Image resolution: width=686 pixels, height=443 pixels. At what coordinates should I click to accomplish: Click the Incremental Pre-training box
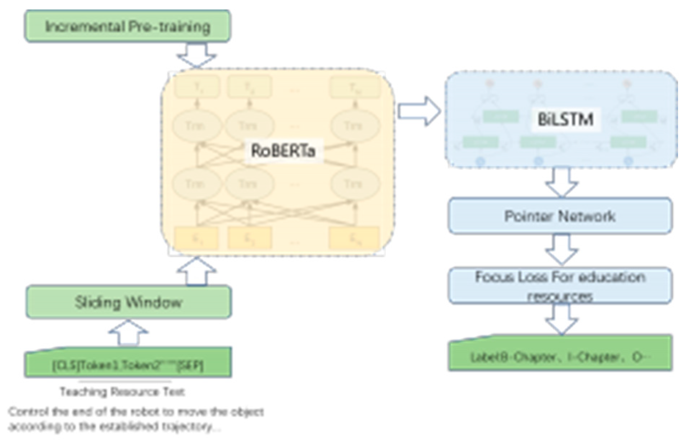128,26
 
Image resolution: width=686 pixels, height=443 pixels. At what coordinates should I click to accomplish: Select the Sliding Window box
128,302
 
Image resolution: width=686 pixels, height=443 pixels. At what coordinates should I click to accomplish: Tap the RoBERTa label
283,151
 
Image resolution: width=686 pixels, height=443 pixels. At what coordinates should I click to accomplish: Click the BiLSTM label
565,119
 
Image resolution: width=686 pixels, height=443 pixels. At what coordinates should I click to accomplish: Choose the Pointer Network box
560,216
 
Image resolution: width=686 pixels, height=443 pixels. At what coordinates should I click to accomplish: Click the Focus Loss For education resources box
560,286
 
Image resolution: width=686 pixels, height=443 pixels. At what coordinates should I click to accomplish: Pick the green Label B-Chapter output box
560,356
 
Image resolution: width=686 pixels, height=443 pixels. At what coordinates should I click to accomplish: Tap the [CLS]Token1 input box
128,365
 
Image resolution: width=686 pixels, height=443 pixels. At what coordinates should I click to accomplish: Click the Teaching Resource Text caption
122,391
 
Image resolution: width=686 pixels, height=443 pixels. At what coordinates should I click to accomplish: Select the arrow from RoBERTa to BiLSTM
419,111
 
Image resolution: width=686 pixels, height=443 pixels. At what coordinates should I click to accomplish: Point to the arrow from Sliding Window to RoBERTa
196,271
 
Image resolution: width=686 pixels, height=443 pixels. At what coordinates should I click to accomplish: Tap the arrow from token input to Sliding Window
128,332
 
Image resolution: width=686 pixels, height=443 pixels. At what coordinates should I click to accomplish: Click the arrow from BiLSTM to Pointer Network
561,183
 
